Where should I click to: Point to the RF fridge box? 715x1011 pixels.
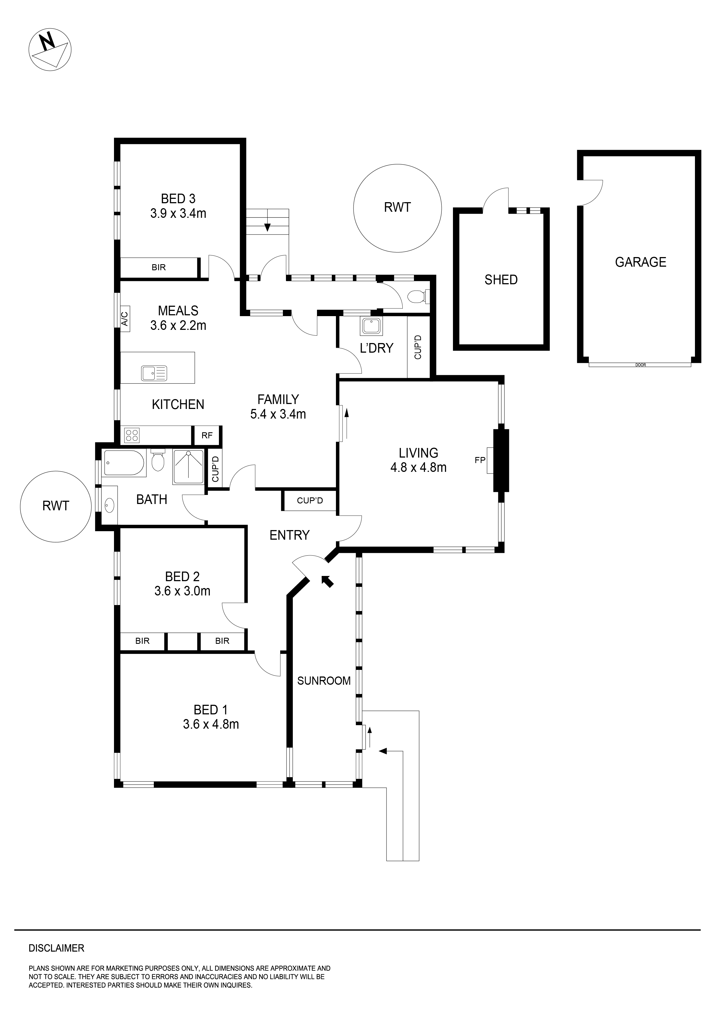[x=207, y=436]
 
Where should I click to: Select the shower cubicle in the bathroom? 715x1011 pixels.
[x=188, y=467]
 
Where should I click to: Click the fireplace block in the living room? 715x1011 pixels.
[x=500, y=460]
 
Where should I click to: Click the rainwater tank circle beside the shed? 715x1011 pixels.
[x=397, y=208]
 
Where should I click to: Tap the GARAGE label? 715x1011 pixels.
[x=641, y=263]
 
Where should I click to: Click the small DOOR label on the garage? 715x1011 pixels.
[x=641, y=365]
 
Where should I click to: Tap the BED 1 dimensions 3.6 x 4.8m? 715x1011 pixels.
[x=211, y=724]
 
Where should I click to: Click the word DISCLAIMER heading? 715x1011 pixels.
[x=56, y=948]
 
